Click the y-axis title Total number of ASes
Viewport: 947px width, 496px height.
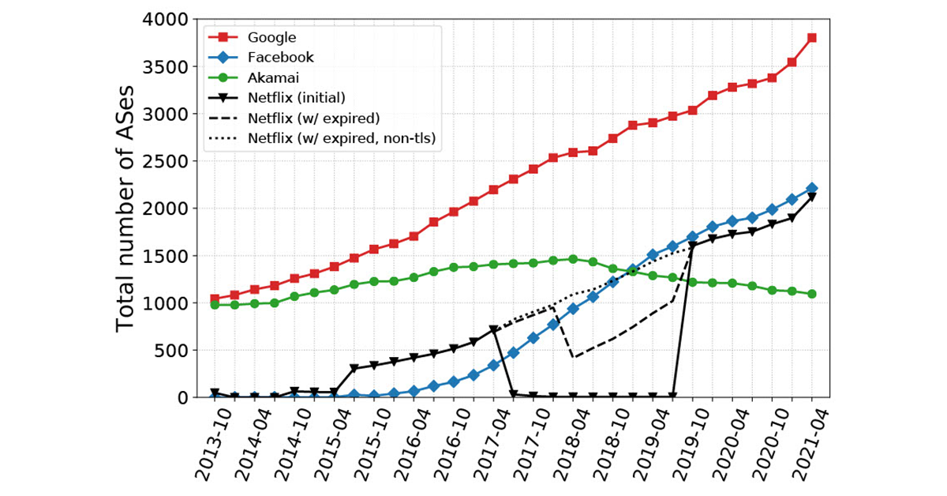click(126, 208)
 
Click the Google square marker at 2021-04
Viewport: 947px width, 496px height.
click(812, 38)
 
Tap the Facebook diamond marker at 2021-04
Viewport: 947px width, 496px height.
click(812, 188)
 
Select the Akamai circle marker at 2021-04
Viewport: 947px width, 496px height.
click(812, 294)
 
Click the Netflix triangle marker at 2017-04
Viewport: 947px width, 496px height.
click(493, 330)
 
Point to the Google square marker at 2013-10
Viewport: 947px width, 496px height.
click(215, 299)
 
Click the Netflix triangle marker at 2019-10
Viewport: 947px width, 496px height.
click(692, 246)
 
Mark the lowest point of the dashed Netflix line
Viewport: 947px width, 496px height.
click(573, 358)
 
